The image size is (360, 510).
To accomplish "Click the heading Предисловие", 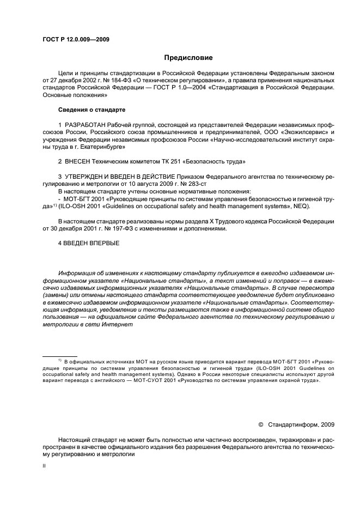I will click(188, 58).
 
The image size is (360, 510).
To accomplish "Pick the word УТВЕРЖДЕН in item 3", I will click(88, 177).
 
